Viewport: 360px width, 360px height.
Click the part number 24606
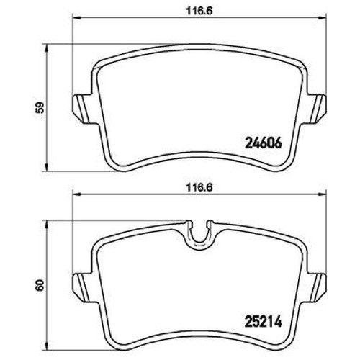(x=263, y=144)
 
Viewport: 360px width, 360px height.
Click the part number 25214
(x=263, y=323)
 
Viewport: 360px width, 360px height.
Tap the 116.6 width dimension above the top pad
(x=199, y=12)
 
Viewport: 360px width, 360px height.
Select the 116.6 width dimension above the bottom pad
(x=199, y=188)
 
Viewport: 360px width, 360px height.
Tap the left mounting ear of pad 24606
(x=83, y=109)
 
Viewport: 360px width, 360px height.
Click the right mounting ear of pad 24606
(x=316, y=109)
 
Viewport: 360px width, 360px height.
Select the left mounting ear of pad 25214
(x=83, y=287)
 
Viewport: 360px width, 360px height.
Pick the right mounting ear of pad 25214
(x=316, y=287)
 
